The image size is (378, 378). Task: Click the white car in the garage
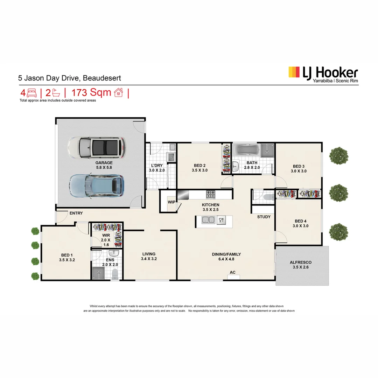[96, 147]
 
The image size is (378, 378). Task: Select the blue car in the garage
[97, 185]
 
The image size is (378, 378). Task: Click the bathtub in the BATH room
[247, 151]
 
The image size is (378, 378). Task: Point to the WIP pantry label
[171, 202]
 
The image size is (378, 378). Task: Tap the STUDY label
[264, 217]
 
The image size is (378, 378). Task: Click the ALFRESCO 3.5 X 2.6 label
[300, 265]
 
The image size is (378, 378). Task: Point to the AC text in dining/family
[232, 272]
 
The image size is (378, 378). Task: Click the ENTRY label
[76, 213]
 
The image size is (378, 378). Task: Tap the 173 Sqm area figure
[91, 93]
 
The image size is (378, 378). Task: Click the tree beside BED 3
[339, 156]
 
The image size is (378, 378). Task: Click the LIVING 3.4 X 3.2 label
[149, 257]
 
